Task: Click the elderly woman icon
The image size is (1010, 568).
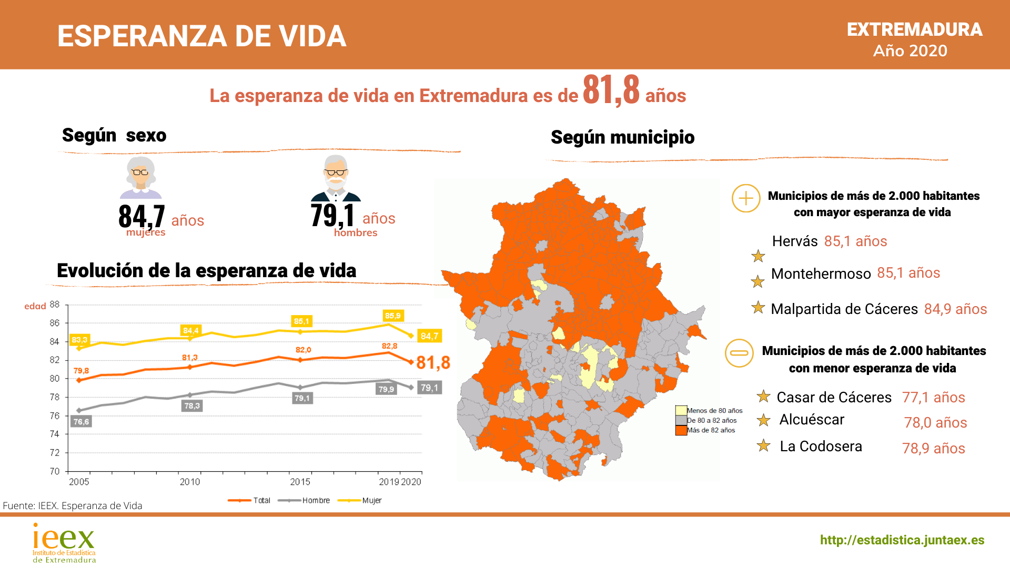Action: [x=140, y=177]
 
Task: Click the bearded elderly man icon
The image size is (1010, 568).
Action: [x=336, y=178]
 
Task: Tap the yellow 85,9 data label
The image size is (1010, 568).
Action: [x=393, y=316]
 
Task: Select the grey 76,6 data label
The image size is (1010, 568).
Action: [x=81, y=421]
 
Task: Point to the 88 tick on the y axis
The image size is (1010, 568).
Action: [x=55, y=305]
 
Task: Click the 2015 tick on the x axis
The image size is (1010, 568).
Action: [x=300, y=482]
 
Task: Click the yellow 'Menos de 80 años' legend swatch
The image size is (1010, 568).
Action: [x=681, y=410]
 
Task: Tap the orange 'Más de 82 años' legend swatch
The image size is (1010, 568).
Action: [x=681, y=430]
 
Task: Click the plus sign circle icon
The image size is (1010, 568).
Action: [x=746, y=198]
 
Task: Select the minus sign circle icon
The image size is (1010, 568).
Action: [x=739, y=353]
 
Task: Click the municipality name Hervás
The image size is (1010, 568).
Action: [x=794, y=241]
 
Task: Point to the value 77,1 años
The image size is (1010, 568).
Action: [x=933, y=397]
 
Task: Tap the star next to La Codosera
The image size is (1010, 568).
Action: [x=763, y=446]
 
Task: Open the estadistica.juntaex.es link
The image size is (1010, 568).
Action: [x=902, y=540]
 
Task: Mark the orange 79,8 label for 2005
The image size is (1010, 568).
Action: [x=81, y=371]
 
